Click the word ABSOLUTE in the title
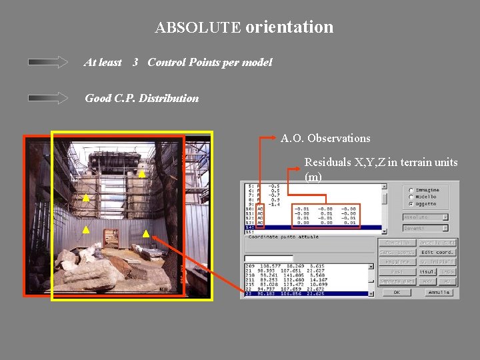198,28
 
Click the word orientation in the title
289,27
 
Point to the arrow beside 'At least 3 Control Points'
48,62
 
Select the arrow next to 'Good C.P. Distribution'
48,98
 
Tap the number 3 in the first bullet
135,62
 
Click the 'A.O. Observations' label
325,139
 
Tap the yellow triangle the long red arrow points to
146,234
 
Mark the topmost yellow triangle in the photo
141,173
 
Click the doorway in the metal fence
111,237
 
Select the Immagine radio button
411,190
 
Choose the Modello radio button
411,197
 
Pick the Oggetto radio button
411,204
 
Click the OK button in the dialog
397,291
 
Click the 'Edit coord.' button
437,252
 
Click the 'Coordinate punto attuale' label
283,237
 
